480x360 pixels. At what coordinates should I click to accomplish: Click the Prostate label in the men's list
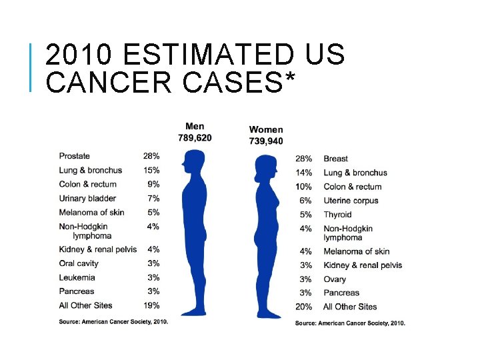[x=74, y=156]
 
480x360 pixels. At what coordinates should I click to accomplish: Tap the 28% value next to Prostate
[x=151, y=156]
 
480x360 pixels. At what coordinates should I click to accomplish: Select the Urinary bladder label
[x=87, y=198]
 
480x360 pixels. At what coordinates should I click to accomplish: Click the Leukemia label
[x=77, y=277]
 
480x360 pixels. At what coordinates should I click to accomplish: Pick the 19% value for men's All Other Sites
[x=151, y=305]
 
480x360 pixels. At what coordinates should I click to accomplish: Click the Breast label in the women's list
[x=335, y=159]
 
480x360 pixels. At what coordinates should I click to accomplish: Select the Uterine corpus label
[x=351, y=201]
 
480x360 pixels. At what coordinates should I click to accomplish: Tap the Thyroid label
[x=337, y=215]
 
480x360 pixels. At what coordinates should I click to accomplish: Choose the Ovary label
[x=335, y=279]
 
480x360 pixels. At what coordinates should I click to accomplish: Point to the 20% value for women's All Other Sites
[x=303, y=307]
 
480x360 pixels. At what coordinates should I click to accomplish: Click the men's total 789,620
[x=195, y=138]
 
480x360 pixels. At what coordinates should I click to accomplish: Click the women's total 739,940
[x=266, y=141]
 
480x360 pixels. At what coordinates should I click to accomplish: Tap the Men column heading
[x=195, y=127]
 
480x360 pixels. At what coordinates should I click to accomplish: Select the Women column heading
[x=266, y=129]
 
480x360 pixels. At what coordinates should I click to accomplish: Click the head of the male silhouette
[x=195, y=162]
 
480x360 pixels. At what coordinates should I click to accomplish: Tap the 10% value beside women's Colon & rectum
[x=303, y=187]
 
